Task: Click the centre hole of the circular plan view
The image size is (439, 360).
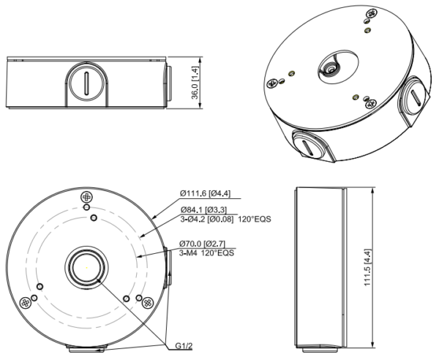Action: tap(88, 267)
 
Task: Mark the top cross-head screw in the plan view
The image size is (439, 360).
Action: tap(86, 197)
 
